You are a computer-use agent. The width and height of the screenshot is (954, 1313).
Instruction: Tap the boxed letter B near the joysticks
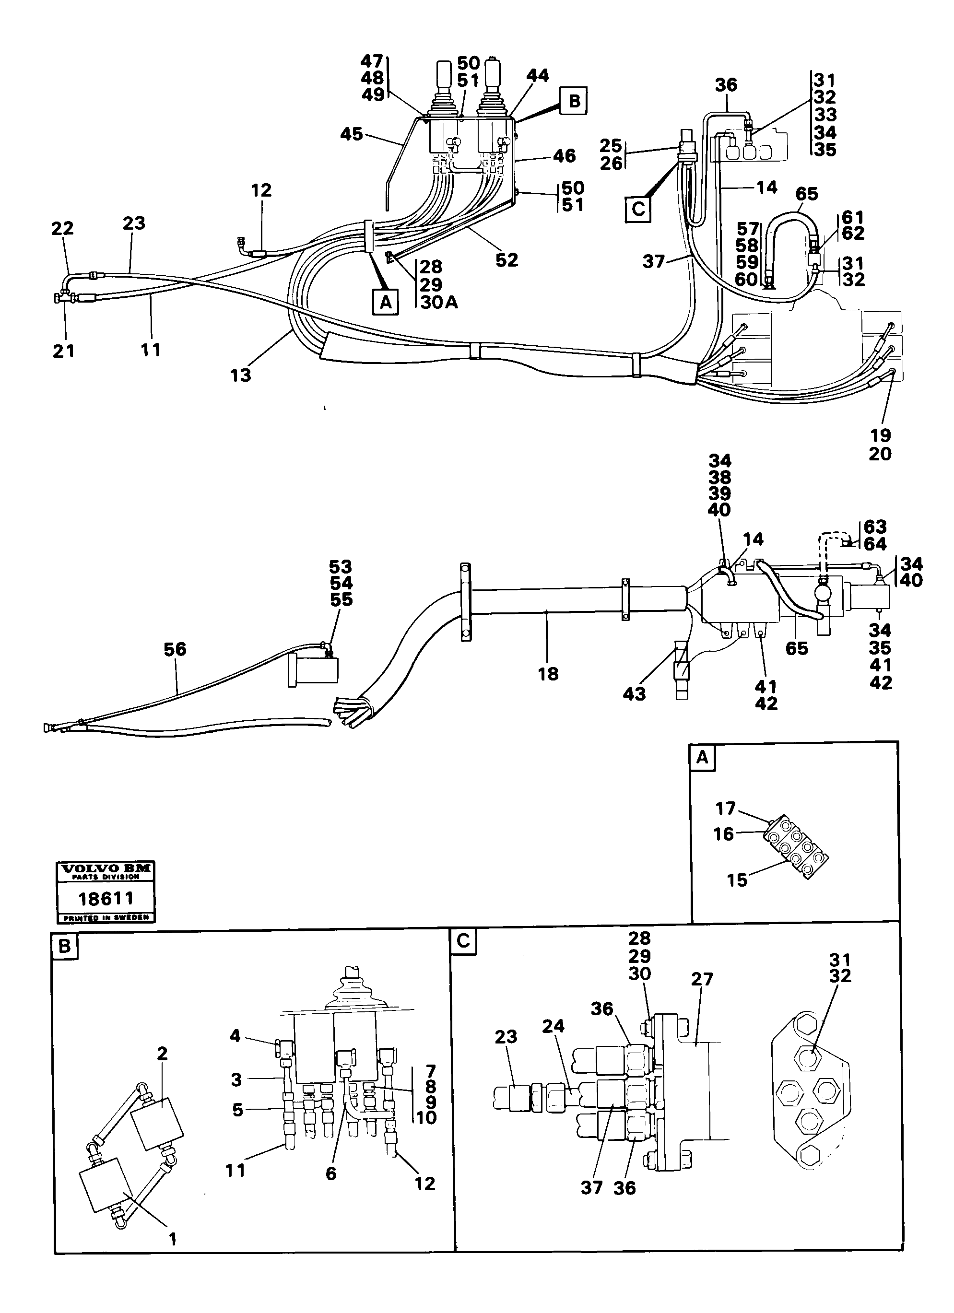click(573, 101)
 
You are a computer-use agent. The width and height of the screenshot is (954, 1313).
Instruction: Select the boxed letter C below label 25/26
click(637, 209)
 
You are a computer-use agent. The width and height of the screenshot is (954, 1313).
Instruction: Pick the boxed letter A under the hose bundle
click(386, 301)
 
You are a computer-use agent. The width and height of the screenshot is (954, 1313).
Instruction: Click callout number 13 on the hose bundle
click(240, 375)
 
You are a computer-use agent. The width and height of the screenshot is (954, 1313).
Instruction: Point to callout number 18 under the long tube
click(548, 673)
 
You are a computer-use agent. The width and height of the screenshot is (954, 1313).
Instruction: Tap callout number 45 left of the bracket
click(352, 134)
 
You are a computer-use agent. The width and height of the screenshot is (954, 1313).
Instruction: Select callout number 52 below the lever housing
click(506, 260)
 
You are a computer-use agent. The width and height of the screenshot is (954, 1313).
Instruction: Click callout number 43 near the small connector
click(634, 693)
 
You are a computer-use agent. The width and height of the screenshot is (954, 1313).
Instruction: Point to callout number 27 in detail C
click(702, 995)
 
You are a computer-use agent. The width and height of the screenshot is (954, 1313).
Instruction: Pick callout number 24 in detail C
click(553, 1042)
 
